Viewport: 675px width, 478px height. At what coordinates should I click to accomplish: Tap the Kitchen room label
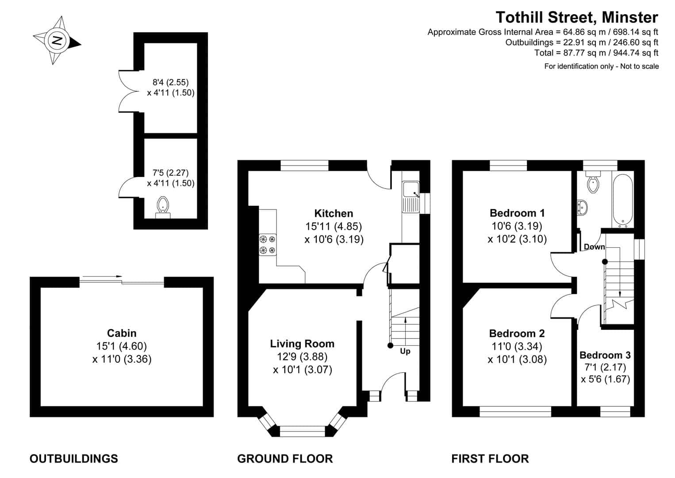334,213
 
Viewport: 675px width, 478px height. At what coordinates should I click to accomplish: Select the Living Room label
302,344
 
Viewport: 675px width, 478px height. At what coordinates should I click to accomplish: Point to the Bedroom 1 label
517,213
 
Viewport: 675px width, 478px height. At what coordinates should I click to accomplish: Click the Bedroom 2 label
517,334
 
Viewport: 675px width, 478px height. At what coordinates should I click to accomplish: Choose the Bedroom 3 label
605,355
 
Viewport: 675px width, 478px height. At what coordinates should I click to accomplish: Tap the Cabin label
122,333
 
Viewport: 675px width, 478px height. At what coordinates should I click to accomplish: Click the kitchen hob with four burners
268,245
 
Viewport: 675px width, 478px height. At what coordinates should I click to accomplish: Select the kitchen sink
411,197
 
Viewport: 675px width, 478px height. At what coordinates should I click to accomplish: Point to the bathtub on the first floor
622,200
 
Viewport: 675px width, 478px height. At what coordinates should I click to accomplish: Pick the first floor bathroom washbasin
582,208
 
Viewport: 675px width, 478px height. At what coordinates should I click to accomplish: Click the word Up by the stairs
405,351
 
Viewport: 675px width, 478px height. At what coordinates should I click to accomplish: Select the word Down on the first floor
594,247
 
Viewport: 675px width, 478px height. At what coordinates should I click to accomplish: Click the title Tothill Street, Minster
577,17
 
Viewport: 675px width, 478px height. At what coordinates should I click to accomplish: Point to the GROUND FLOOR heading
285,459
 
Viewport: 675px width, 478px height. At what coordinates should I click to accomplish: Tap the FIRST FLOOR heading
490,459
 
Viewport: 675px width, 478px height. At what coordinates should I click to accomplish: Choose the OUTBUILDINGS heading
74,459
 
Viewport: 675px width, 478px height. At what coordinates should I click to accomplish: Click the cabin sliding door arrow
103,276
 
